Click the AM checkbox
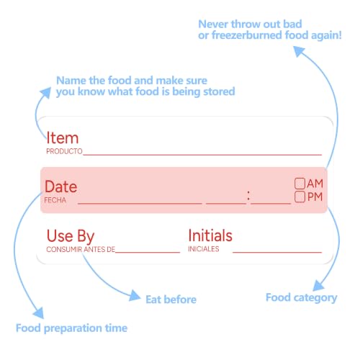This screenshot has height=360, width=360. (x=300, y=184)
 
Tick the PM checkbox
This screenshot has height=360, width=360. (x=300, y=197)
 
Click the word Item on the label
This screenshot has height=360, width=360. (x=63, y=138)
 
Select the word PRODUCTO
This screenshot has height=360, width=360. (x=64, y=151)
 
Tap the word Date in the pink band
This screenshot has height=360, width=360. (x=61, y=186)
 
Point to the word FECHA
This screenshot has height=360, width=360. (x=55, y=200)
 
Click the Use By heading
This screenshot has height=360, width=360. (x=71, y=236)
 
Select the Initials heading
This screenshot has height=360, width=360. (x=210, y=235)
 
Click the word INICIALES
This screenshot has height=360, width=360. (x=204, y=249)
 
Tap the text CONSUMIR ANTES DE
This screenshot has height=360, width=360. (x=81, y=249)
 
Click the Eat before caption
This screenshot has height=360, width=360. (x=171, y=300)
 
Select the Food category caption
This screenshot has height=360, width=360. (x=302, y=298)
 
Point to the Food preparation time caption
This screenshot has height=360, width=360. (x=71, y=328)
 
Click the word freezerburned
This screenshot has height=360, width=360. (x=247, y=35)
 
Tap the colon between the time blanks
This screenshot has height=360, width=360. (x=248, y=195)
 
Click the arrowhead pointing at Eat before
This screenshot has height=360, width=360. (x=135, y=295)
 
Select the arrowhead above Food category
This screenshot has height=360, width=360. (x=318, y=285)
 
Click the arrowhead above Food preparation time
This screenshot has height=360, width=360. (x=38, y=312)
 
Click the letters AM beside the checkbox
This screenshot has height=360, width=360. (x=315, y=184)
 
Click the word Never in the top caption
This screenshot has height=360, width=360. (x=213, y=24)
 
